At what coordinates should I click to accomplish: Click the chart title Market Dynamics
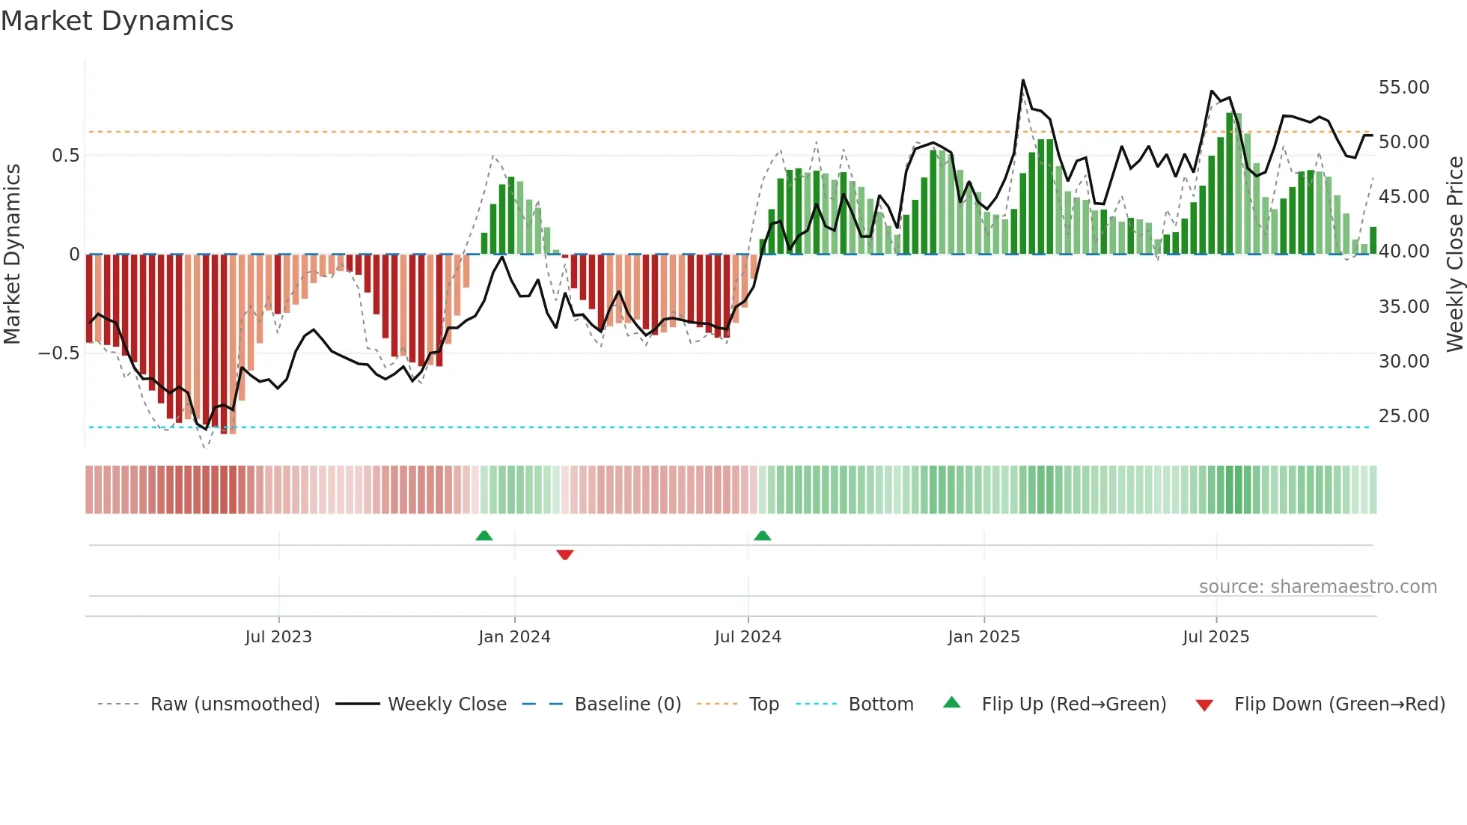click(117, 21)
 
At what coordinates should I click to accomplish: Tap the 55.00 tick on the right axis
click(1403, 88)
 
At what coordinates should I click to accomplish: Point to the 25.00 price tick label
click(1403, 416)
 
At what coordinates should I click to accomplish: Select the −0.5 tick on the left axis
click(58, 353)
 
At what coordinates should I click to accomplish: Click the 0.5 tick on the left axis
click(65, 156)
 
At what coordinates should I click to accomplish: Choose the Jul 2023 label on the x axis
click(278, 637)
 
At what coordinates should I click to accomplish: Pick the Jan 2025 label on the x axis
click(983, 637)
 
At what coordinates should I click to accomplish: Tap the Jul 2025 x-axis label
click(1216, 637)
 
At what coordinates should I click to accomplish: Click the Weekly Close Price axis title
click(1454, 254)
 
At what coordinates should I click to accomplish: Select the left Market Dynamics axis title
click(12, 254)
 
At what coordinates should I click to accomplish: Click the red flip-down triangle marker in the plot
click(565, 555)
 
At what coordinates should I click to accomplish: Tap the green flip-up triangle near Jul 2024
click(762, 535)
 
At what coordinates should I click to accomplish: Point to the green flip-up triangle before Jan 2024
click(484, 535)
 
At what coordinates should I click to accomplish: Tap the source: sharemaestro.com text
click(1317, 587)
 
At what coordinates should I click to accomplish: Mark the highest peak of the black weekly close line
click(1022, 80)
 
